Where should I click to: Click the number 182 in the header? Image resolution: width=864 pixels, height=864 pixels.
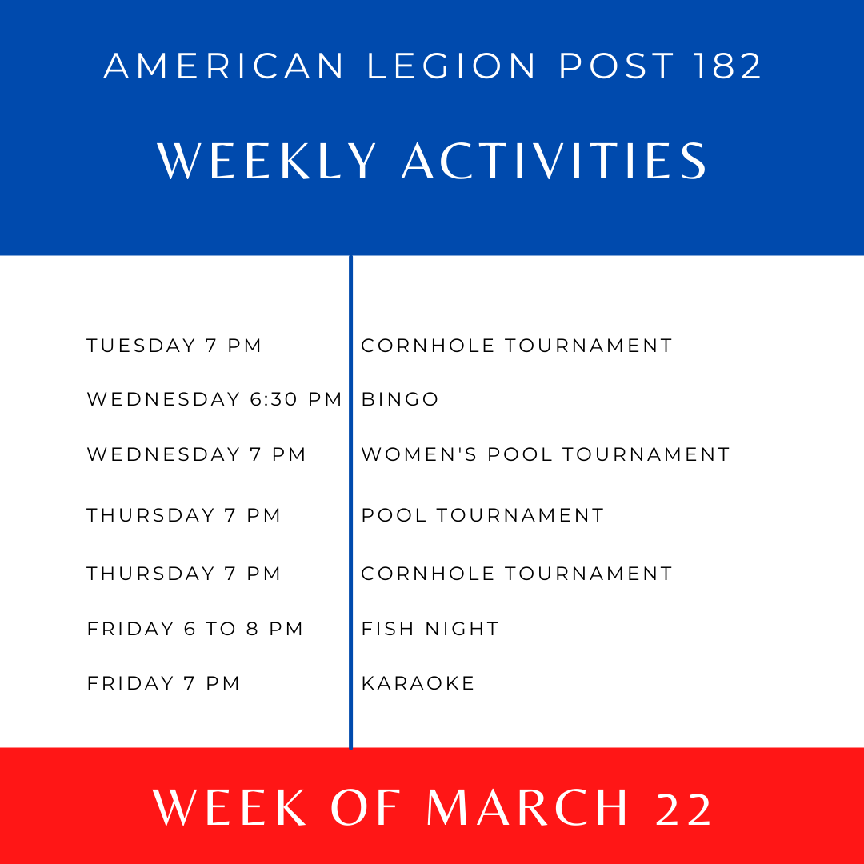tap(727, 66)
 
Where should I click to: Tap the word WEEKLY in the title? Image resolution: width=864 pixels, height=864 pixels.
tap(266, 161)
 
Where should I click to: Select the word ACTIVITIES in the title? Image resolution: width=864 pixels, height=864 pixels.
tap(554, 161)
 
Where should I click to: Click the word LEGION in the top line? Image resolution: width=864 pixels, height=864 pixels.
tap(451, 66)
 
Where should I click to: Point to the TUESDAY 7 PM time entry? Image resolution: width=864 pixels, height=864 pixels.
tap(174, 346)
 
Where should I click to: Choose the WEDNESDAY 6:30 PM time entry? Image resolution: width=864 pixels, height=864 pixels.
tap(214, 399)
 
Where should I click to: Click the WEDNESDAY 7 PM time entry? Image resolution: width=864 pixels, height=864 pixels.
tap(196, 454)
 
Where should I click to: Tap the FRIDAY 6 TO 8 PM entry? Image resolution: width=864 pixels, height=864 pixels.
tap(195, 629)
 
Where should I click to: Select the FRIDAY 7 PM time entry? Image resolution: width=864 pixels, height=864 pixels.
tap(164, 683)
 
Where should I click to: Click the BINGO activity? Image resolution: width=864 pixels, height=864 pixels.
tap(400, 399)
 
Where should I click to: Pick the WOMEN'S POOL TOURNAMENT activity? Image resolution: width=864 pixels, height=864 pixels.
tap(546, 454)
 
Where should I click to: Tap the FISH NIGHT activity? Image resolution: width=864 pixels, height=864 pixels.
tap(430, 629)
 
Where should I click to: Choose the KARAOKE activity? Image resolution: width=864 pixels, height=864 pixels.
tap(418, 683)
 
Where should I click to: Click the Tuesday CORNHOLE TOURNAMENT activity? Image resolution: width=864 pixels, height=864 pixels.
tap(517, 346)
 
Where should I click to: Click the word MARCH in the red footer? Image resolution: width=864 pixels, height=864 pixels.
tap(527, 807)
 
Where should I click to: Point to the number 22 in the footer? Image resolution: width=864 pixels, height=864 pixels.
tap(684, 808)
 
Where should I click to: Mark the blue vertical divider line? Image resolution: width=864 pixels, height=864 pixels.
tap(350, 502)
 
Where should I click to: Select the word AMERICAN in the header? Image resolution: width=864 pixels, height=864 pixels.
tap(224, 66)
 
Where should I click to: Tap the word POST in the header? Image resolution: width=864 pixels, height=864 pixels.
tap(617, 66)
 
